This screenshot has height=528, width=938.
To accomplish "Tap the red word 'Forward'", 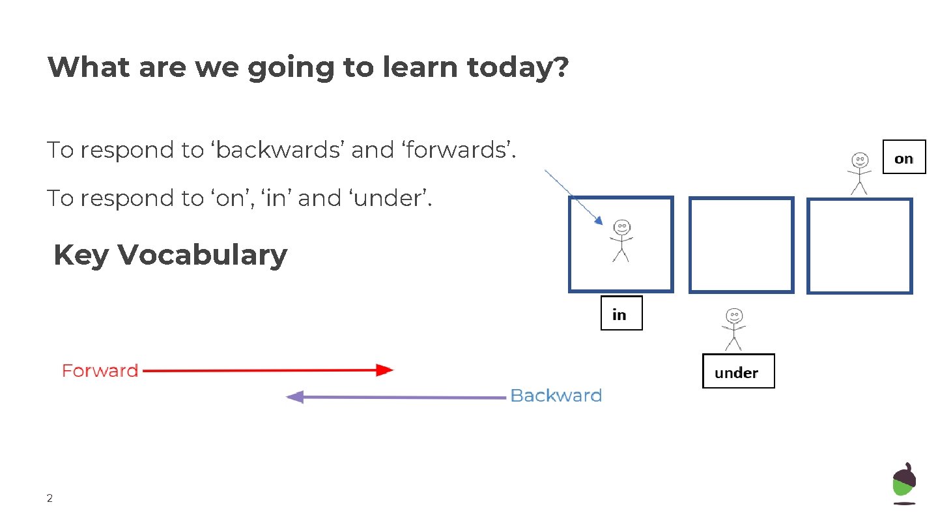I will pyautogui.click(x=100, y=371).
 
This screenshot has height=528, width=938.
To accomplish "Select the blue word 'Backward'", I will pyautogui.click(x=556, y=396).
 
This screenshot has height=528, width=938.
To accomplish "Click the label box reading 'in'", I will pyautogui.click(x=621, y=314).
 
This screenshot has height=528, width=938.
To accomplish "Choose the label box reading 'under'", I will pyautogui.click(x=738, y=372).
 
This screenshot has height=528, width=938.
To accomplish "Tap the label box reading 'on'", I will pyautogui.click(x=903, y=157).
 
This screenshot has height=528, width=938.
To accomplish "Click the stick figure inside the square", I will pyautogui.click(x=621, y=241).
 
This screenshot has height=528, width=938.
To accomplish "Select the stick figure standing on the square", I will pyautogui.click(x=860, y=173).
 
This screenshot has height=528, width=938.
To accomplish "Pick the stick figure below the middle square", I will pyautogui.click(x=733, y=329).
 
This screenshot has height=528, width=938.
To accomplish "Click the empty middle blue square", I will pyautogui.click(x=741, y=244).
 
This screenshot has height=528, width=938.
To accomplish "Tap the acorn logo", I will pyautogui.click(x=903, y=483).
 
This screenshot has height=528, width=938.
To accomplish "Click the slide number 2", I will pyautogui.click(x=50, y=499).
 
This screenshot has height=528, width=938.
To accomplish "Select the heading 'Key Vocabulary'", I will pyautogui.click(x=170, y=255).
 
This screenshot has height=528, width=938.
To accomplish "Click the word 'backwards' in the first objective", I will pyautogui.click(x=277, y=151).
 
